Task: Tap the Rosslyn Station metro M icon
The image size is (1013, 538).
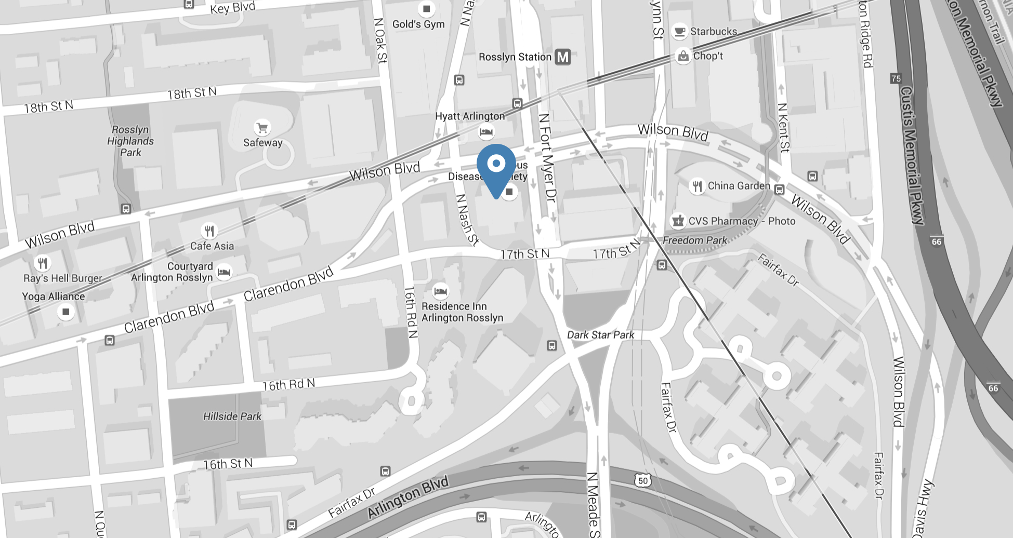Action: [562, 57]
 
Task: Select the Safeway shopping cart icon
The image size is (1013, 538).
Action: [262, 127]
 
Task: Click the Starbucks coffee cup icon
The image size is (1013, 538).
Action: [679, 31]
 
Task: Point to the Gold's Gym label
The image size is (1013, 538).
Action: [418, 24]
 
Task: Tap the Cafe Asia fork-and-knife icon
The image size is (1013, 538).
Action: [209, 231]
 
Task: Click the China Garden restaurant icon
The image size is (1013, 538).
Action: [696, 186]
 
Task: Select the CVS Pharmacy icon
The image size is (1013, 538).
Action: [678, 221]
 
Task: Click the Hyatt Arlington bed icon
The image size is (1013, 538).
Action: [486, 132]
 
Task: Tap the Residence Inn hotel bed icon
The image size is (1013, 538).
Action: [440, 291]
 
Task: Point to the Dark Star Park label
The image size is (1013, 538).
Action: [600, 335]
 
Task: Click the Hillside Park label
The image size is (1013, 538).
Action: [232, 416]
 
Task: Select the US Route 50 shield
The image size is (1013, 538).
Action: [643, 480]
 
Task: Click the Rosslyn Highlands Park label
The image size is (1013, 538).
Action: [130, 141]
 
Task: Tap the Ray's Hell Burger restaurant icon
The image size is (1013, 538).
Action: [43, 263]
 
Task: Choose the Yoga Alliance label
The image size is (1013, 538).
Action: [53, 297]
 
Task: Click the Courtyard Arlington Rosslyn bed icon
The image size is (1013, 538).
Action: [224, 272]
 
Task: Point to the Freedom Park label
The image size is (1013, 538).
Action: [694, 240]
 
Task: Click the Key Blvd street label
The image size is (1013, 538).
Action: [232, 8]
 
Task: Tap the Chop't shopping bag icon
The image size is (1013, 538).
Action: [682, 56]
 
